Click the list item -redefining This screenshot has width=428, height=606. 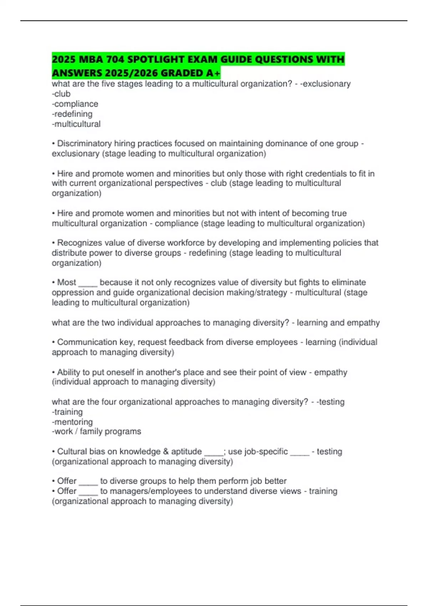pyautogui.click(x=72, y=114)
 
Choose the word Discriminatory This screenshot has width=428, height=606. pyautogui.click(x=84, y=143)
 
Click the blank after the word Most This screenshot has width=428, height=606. pyautogui.click(x=88, y=283)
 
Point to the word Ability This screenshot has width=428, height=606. pyautogui.click(x=68, y=372)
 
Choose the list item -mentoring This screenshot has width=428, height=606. pyautogui.click(x=72, y=422)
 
